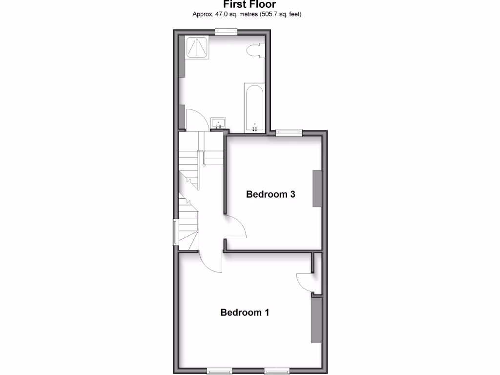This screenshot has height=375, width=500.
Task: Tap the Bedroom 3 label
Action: pos(271,194)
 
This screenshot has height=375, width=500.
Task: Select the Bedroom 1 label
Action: pos(245,312)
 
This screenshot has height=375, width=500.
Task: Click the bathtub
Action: pos(254,107)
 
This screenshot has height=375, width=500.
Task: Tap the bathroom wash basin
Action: pos(218,123)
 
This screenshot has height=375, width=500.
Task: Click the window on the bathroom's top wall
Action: pos(227,32)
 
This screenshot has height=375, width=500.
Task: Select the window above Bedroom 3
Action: pos(289,131)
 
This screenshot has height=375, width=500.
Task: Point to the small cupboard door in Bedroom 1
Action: pos(304,282)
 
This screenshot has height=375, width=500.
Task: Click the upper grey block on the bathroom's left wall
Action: pos(182,57)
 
